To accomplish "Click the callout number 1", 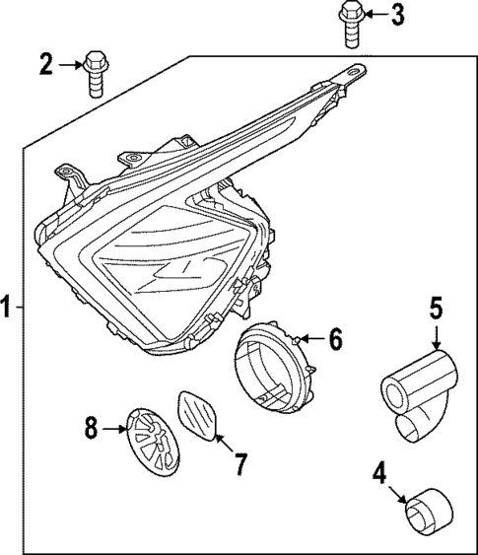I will [x=9, y=309].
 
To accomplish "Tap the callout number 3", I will [x=397, y=15].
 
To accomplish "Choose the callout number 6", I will [x=335, y=341].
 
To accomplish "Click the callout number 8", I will [x=91, y=428].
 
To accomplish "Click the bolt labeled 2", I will [x=95, y=70].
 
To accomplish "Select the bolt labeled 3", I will [x=350, y=22].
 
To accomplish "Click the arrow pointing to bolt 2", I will [x=70, y=66].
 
